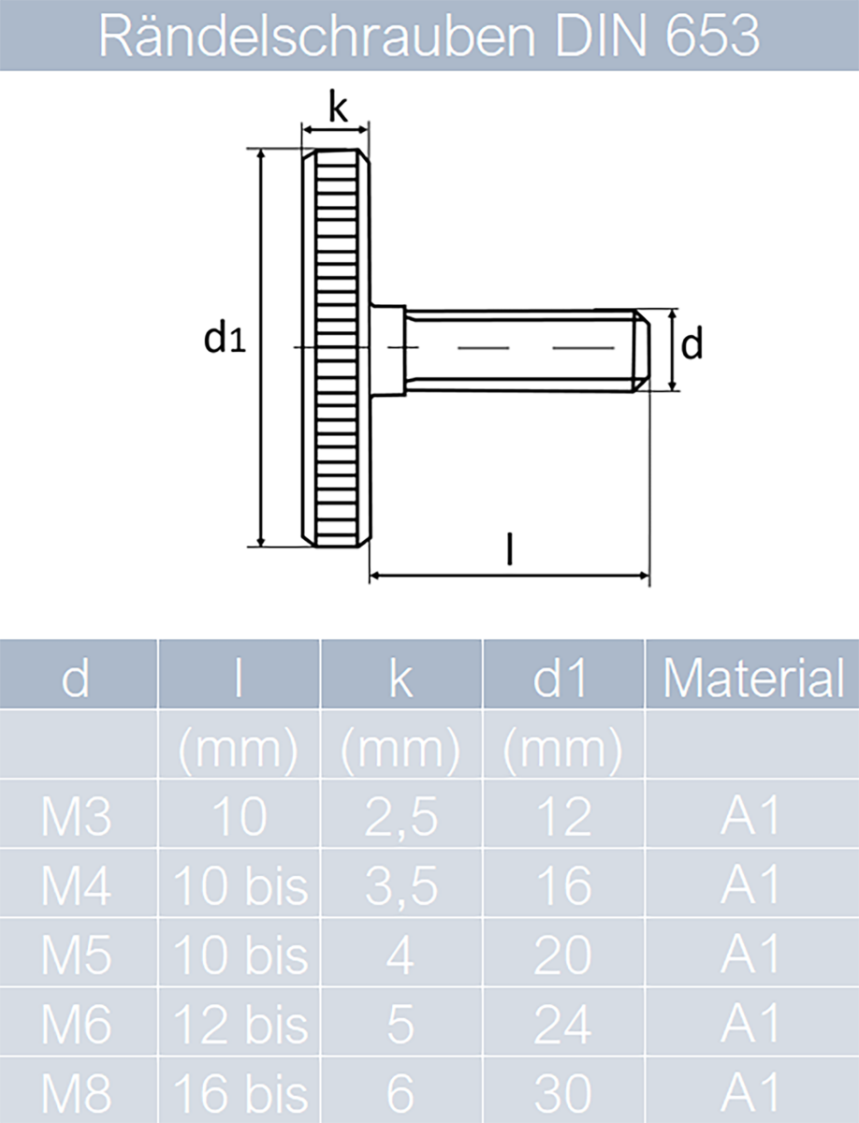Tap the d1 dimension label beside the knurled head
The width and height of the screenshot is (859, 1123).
pos(225,340)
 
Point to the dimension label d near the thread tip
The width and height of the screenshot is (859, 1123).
pos(691,345)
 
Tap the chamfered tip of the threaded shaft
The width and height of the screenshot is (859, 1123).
pos(642,351)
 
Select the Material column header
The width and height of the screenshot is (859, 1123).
pos(752,678)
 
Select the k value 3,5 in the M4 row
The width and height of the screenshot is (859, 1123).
pos(401,885)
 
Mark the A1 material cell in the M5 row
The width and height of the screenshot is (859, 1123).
pos(750,955)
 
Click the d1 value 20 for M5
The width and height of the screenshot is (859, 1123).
pos(562,955)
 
